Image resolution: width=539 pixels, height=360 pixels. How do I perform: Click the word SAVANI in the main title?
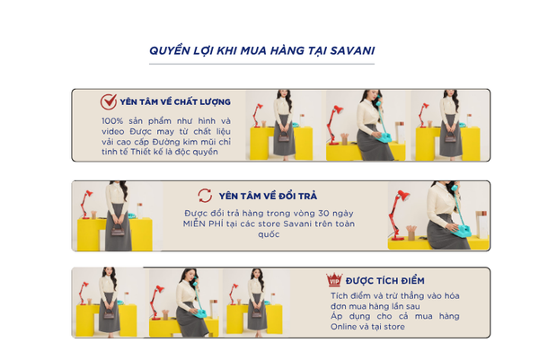(352, 51)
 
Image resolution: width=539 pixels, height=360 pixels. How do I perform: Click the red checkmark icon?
(109, 101)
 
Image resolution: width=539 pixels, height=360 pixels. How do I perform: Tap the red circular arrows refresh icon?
(205, 196)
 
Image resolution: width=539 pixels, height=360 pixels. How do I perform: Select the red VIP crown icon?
(334, 279)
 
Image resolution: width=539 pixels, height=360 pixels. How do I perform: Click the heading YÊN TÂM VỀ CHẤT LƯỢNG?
(175, 102)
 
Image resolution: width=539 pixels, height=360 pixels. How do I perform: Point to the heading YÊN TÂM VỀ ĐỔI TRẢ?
(268, 196)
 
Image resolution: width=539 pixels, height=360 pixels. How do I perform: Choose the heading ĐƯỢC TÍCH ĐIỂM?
(385, 281)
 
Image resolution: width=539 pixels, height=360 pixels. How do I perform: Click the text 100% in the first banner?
(112, 121)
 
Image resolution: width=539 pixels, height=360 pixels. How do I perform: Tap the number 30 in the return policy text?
(323, 214)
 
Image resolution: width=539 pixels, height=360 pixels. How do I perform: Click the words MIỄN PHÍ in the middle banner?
(203, 224)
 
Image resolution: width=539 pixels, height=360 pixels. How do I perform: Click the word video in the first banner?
(113, 132)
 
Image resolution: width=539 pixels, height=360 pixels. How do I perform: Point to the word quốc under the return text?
(269, 234)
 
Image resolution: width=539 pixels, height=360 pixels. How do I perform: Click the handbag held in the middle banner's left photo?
(118, 230)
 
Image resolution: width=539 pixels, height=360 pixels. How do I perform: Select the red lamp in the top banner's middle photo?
(334, 125)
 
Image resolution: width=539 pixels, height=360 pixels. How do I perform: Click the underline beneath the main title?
(261, 64)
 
